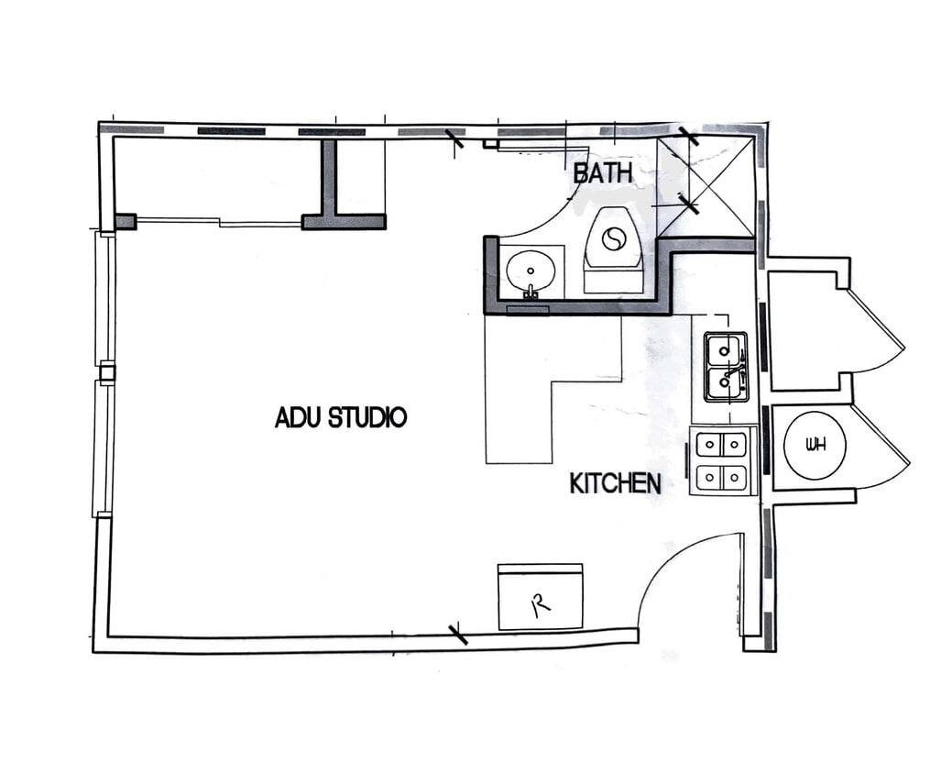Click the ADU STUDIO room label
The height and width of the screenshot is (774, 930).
[340, 418]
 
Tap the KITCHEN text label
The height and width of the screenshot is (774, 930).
[615, 483]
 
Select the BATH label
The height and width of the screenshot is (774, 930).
[603, 171]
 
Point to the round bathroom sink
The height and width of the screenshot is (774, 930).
[530, 271]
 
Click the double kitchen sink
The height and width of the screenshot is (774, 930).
[726, 366]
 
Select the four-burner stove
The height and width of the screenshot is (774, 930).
[723, 460]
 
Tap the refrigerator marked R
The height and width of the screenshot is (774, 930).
[540, 597]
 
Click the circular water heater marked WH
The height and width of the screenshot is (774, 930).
[815, 446]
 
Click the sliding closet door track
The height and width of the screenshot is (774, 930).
[220, 220]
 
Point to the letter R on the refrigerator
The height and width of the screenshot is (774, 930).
[540, 603]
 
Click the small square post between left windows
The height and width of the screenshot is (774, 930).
[106, 371]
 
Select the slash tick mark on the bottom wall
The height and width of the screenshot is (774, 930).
[457, 633]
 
